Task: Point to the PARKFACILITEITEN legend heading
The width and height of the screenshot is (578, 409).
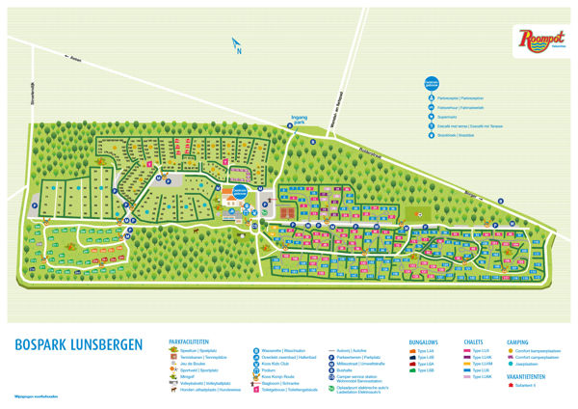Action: pyautogui.click(x=191, y=341)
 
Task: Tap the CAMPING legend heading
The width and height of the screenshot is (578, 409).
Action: pyautogui.click(x=517, y=341)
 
